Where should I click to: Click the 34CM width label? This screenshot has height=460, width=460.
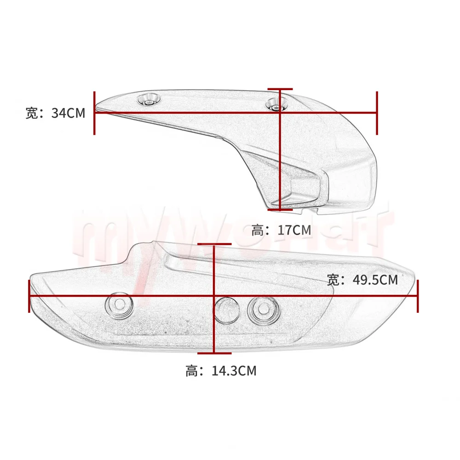coord(56,113)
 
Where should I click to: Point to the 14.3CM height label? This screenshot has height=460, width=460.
coord(221,370)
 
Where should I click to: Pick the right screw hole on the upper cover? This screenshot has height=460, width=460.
coord(276,105)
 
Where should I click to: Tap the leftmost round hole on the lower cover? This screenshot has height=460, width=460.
coord(119,304)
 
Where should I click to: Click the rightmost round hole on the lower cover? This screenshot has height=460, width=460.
coord(263,310)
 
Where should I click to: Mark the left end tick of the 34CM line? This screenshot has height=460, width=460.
coord(94,112)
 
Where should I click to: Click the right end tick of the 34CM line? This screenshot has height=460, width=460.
coord(377,112)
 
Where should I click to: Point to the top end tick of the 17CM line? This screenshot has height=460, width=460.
coord(280,89)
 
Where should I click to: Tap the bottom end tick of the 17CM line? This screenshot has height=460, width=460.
coord(280,209)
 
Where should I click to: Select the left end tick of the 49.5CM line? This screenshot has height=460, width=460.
coord(30,296)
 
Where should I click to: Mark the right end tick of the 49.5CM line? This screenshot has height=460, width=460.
coord(418,296)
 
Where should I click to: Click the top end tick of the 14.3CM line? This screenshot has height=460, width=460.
coord(214,244)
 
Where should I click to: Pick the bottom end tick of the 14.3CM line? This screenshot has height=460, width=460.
coord(214,353)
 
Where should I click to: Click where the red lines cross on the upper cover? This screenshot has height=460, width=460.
coord(280,112)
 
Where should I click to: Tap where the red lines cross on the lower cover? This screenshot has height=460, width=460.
coord(214,296)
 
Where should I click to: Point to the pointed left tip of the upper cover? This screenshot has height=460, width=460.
coord(98,109)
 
